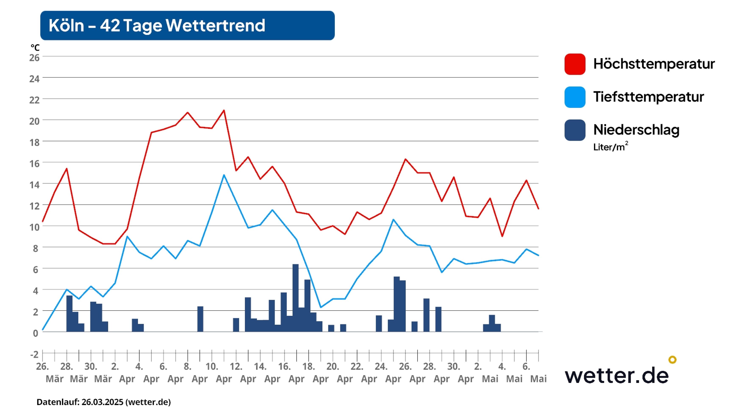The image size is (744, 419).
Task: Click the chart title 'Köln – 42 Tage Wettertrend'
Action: [157, 25]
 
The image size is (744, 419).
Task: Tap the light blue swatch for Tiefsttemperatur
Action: [575, 97]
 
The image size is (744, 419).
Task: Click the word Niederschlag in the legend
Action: [636, 130]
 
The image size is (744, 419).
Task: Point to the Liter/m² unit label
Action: [610, 147]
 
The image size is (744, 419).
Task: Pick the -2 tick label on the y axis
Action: [34, 354]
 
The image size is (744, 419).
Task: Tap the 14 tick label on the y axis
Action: [34, 185]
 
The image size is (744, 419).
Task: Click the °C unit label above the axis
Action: [35, 48]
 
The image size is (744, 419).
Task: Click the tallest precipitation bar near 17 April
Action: [295, 298]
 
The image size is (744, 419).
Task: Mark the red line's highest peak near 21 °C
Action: [224, 110]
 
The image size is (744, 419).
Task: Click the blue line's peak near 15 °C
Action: [224, 175]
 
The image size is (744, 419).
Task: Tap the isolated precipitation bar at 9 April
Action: [200, 319]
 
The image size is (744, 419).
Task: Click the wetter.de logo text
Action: [617, 376]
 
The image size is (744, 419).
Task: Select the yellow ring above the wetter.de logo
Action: [672, 360]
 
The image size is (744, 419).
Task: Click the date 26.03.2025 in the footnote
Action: [102, 402]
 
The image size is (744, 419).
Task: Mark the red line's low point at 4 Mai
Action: [502, 236]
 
